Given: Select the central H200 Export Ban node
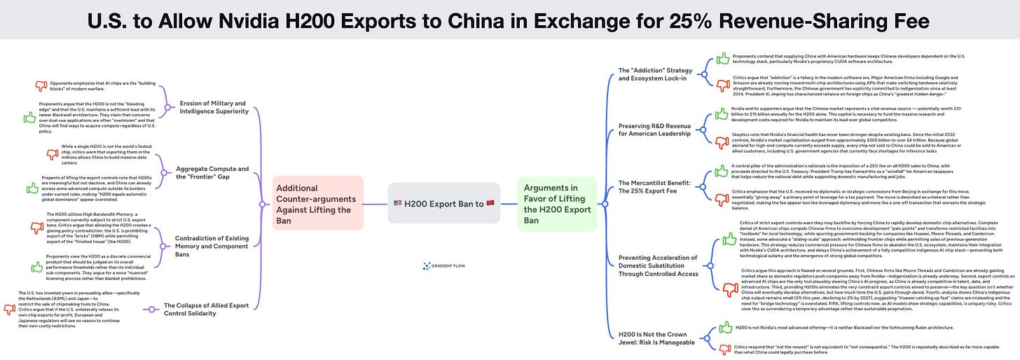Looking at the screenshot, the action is [x=444, y=204].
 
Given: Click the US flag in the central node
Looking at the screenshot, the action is [x=398, y=204].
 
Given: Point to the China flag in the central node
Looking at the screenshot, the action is [x=490, y=204].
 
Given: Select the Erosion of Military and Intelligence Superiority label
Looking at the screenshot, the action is [x=213, y=107].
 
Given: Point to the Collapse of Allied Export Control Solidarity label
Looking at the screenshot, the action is [x=206, y=309].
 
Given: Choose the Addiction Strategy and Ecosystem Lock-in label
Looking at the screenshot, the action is [x=655, y=74].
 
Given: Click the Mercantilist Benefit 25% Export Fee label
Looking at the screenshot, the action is [x=655, y=187].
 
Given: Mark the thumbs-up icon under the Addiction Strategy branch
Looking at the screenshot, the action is [x=722, y=59].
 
